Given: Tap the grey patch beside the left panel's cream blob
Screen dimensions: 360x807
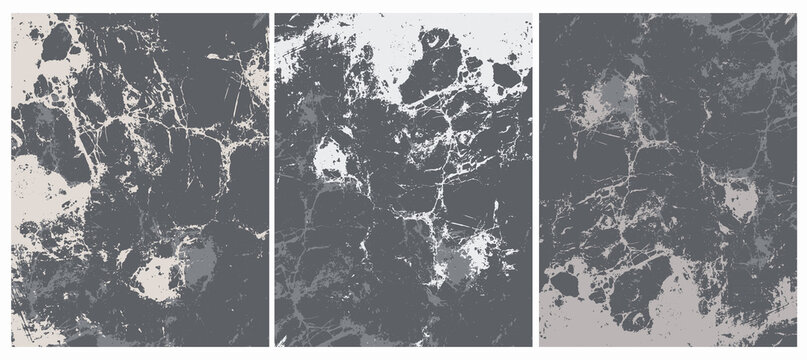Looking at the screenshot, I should (x=199, y=262).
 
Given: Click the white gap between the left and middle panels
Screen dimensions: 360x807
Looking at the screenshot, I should (x=272, y=180).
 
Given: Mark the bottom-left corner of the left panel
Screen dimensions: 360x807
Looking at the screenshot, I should (x=12, y=345).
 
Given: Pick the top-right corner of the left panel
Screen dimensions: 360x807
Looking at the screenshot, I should (x=267, y=14).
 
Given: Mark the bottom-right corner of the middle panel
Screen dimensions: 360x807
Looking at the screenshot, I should (x=532, y=345).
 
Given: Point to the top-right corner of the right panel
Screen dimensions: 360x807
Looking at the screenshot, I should (x=796, y=14).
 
